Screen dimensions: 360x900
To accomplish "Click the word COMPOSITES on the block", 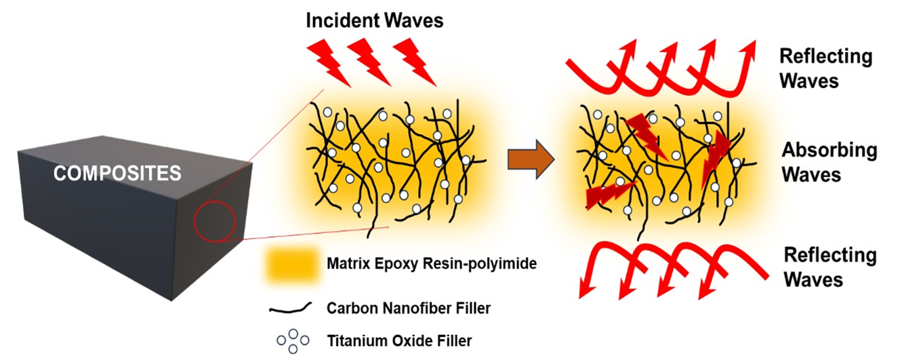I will pos(117,174).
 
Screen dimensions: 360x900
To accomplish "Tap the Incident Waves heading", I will pos(374,20).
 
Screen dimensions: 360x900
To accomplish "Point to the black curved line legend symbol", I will pos(291,308).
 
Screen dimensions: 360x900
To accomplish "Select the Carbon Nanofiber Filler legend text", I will pos(408,308).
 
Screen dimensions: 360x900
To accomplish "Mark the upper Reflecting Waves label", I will pos(825,68).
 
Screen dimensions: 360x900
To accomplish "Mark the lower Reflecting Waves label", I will pos(830,267).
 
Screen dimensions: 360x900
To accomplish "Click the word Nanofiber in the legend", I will pos(405,308).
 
